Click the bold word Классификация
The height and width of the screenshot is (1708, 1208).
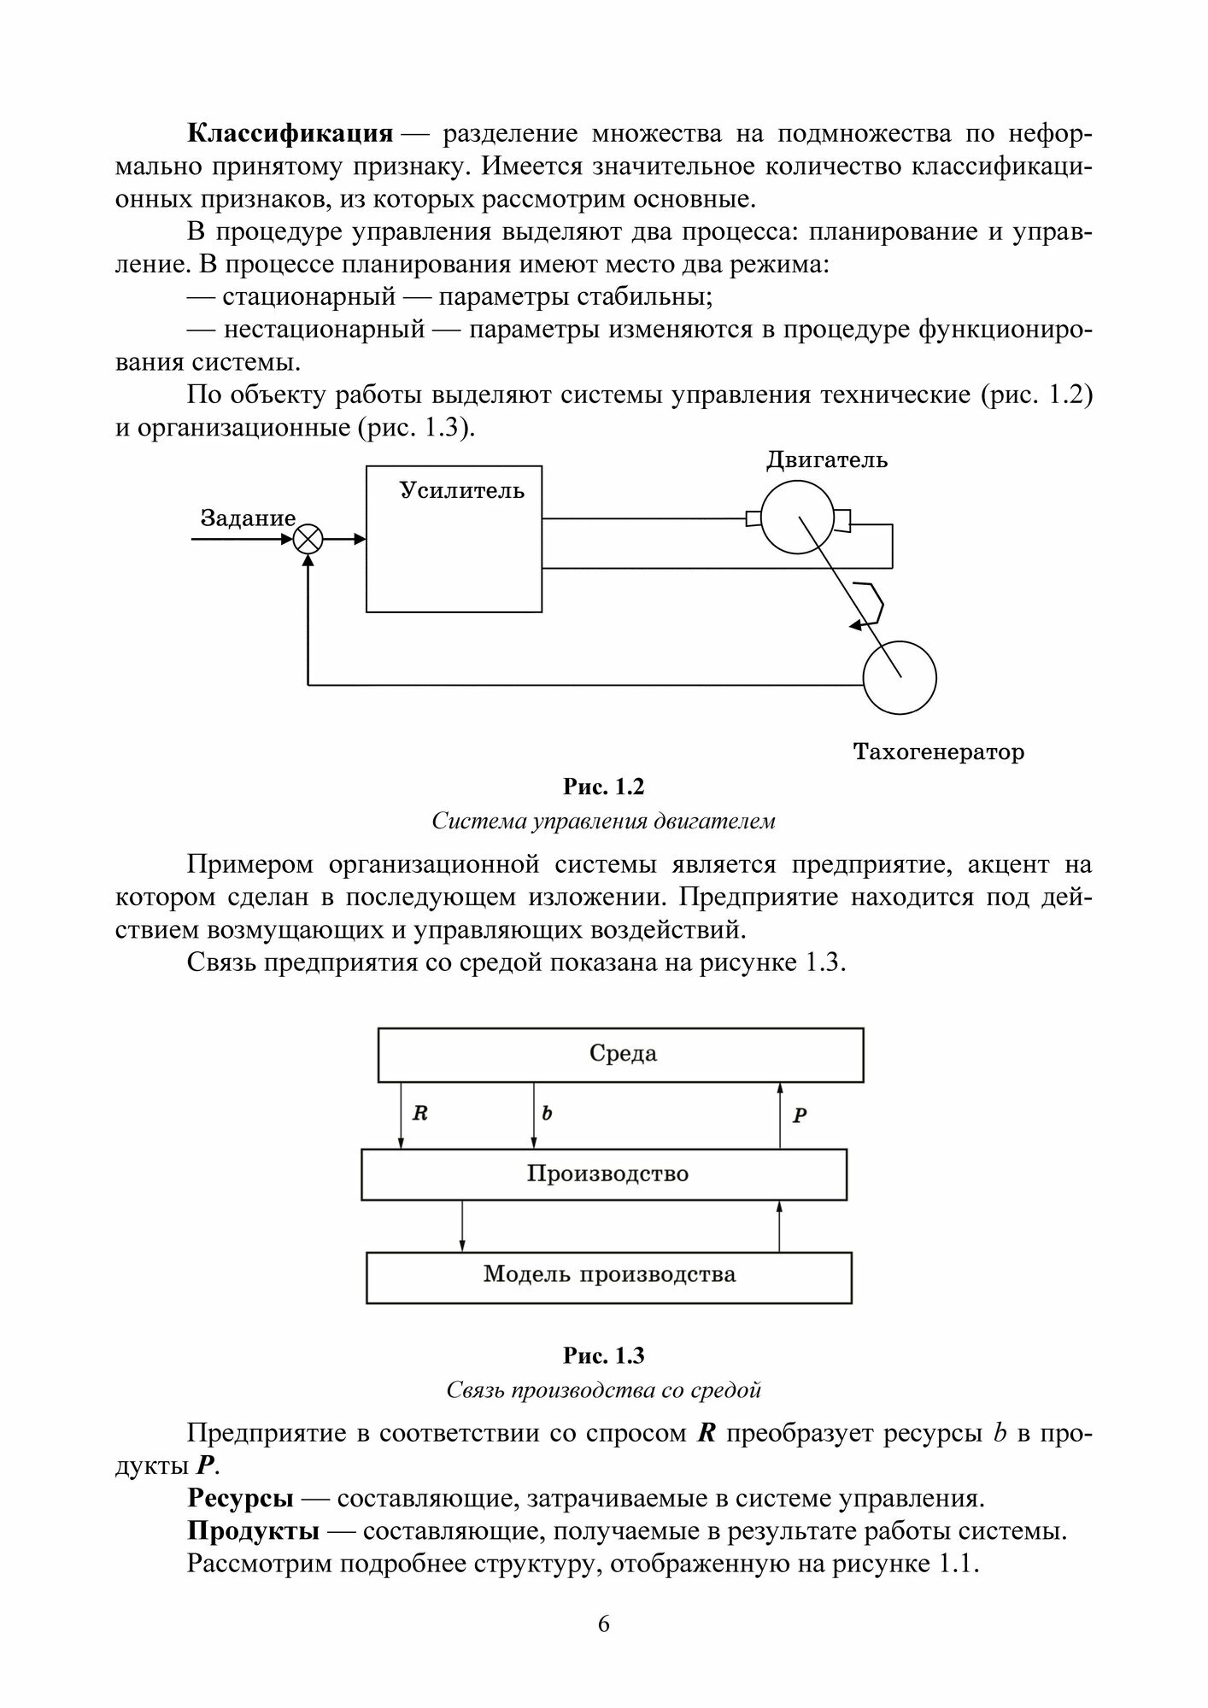click(290, 134)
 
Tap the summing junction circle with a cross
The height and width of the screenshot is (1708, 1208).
click(308, 539)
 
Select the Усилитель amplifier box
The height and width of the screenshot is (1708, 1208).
click(454, 539)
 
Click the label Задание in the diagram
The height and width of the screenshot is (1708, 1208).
click(248, 518)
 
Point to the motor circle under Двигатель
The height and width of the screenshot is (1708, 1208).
click(796, 518)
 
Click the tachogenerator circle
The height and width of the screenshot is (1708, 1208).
click(900, 677)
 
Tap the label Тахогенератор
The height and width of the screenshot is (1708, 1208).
click(938, 752)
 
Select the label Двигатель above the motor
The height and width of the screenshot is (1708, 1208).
click(826, 460)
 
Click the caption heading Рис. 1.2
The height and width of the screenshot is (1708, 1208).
click(603, 787)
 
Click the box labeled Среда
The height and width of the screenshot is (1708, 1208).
click(621, 1055)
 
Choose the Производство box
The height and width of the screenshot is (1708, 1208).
click(604, 1174)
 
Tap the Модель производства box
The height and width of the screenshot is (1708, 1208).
click(608, 1278)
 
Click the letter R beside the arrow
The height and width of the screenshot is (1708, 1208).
click(419, 1114)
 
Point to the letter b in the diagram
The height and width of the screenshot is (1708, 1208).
click(547, 1114)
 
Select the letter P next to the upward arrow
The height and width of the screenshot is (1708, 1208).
click(800, 1115)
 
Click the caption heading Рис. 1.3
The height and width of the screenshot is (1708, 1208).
click(603, 1355)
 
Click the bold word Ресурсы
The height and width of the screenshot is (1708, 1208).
click(240, 1499)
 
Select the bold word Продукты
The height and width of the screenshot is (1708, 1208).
click(253, 1531)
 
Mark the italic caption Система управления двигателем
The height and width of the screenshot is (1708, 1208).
click(603, 822)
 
